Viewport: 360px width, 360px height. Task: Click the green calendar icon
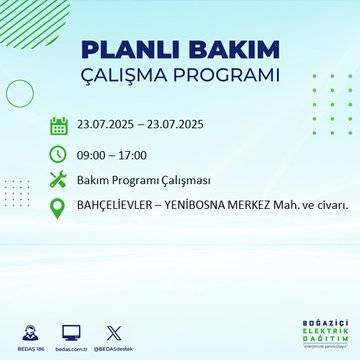point(59,125)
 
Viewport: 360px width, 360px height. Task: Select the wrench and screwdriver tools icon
point(59,180)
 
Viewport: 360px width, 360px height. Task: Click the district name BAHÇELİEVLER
point(117,206)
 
